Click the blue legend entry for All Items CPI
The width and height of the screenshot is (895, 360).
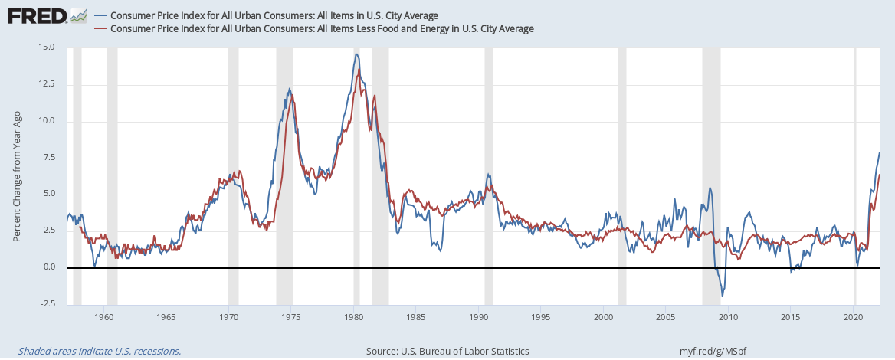click(x=279, y=15)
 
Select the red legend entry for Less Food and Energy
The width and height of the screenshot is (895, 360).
click(x=322, y=28)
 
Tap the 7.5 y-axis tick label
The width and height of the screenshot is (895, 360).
click(x=49, y=158)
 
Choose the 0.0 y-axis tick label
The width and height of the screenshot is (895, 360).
click(x=49, y=267)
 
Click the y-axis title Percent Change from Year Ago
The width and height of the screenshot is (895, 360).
click(x=17, y=175)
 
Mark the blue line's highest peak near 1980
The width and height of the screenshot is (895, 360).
click(x=356, y=54)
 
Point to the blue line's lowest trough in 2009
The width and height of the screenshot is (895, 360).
click(x=722, y=296)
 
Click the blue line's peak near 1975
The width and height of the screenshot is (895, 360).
click(x=289, y=89)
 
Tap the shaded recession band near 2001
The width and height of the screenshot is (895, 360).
click(x=622, y=175)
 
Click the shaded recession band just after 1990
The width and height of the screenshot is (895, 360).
click(x=488, y=175)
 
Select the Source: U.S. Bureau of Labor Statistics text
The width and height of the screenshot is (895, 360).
click(x=447, y=351)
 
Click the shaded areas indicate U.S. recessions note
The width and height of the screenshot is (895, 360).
click(x=94, y=351)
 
